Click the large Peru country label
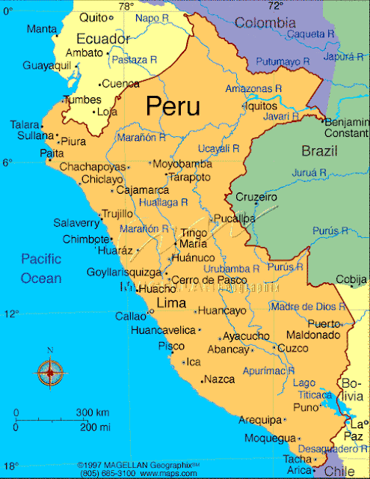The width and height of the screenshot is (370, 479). pyautogui.click(x=173, y=106)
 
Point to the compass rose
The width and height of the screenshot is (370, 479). pyautogui.click(x=50, y=370)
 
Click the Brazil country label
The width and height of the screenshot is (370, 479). pyautogui.click(x=319, y=151)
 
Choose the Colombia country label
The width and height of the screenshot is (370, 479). pyautogui.click(x=265, y=23)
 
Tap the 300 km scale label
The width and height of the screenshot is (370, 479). pyautogui.click(x=93, y=413)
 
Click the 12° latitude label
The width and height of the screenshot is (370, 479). pyautogui.click(x=10, y=314)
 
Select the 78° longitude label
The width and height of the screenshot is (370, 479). pyautogui.click(x=126, y=6)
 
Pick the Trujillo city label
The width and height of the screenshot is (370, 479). pyautogui.click(x=117, y=213)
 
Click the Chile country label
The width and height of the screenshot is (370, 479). pyautogui.click(x=335, y=471)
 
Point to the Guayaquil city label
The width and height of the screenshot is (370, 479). pyautogui.click(x=46, y=66)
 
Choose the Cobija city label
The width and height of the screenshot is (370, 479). pyautogui.click(x=351, y=279)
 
